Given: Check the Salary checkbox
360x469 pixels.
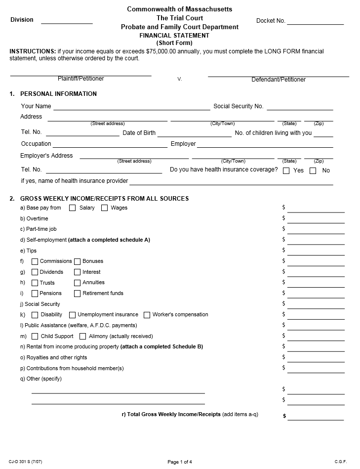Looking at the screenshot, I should tap(73, 208).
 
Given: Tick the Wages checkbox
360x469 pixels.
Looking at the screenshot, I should tap(104, 208).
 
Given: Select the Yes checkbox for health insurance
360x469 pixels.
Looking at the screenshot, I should tap(286, 171).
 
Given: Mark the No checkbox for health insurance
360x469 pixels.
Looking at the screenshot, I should tap(313, 171).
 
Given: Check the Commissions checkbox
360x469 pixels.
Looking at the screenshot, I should tap(35, 261).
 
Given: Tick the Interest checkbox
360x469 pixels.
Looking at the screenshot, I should tap(78, 272).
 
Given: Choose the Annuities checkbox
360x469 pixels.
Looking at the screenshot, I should tap(78, 283).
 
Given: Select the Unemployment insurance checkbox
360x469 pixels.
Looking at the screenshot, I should tap(72, 315).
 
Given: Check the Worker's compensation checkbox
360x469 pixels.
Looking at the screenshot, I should tap(147, 315).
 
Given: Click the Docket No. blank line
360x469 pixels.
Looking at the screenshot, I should tap(315, 22).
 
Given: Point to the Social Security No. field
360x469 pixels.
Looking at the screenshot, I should tap(300, 107).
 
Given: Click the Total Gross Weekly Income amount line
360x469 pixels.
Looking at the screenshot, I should tap(316, 417).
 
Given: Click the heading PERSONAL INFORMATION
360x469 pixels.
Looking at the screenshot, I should tap(58, 94).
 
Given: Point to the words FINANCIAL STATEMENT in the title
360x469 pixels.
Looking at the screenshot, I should tap(174, 36).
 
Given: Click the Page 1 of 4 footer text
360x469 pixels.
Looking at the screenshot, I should tap(180, 462).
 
